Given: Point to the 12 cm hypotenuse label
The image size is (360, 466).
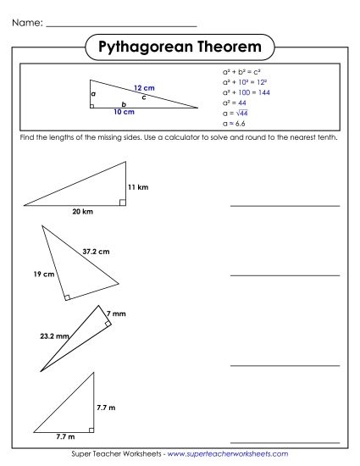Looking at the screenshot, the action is [x=144, y=88].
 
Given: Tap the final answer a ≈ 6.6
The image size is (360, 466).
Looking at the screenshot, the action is [x=233, y=123].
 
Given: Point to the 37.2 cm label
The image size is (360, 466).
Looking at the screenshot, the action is [x=96, y=251].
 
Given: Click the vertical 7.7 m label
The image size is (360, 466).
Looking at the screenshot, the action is [x=106, y=408].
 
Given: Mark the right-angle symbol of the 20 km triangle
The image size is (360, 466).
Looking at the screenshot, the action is [x=123, y=202].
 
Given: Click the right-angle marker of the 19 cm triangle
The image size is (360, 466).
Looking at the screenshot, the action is [x=68, y=297].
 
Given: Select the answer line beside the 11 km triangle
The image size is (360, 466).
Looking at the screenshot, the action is [x=285, y=205].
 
